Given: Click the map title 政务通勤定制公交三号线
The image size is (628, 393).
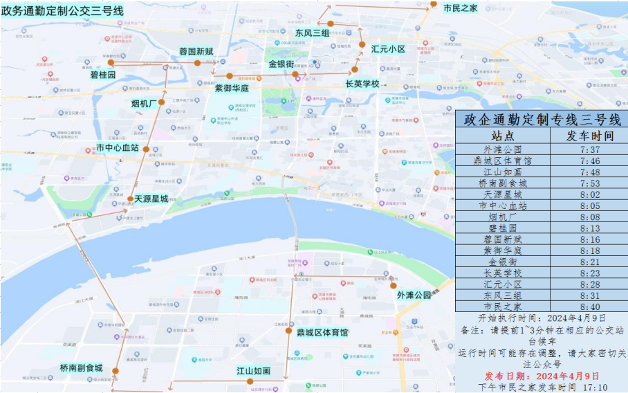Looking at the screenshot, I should (x=63, y=10).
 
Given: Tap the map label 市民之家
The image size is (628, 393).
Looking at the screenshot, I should (x=460, y=8).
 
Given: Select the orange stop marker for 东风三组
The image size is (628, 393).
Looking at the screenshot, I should (x=331, y=24).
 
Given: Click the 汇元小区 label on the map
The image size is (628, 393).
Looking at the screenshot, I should (x=388, y=49).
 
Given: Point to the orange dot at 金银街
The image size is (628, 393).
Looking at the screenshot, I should (x=295, y=74).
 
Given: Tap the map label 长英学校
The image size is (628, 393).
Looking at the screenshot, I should (x=362, y=84).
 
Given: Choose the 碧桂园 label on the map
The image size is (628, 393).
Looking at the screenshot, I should (x=102, y=74).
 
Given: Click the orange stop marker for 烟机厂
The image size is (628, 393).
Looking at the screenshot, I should (x=161, y=102).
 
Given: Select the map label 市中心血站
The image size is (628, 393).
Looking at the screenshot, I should (x=118, y=147).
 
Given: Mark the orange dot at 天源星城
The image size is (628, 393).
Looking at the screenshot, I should (x=131, y=199).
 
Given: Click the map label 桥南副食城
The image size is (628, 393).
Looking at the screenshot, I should (x=81, y=368).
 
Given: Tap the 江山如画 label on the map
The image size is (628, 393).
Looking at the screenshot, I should (x=253, y=371).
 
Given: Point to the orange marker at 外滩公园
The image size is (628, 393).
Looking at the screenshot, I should (x=393, y=285).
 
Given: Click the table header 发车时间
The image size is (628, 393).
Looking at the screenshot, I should (x=589, y=135).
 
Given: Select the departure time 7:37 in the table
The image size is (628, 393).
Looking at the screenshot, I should (x=589, y=149).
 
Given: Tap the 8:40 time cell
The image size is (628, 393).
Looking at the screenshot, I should (x=589, y=307).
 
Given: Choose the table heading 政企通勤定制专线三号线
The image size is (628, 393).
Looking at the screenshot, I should (x=542, y=119).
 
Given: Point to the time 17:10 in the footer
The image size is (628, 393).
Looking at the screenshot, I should (x=595, y=387).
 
